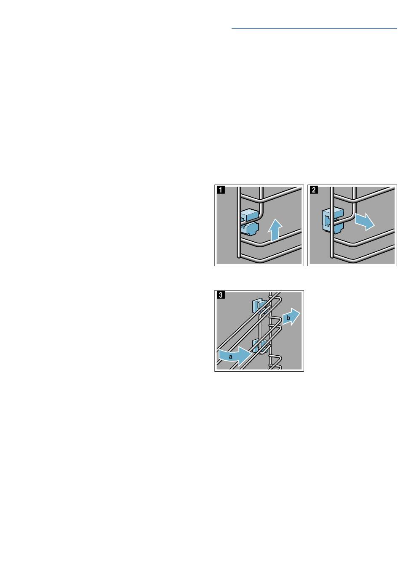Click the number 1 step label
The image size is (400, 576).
221,190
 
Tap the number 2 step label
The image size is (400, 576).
314,190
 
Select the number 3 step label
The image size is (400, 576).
221,295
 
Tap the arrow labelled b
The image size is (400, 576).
291,317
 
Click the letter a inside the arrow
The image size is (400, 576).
230,357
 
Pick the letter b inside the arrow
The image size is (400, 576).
288,318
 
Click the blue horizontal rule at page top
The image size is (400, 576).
314,28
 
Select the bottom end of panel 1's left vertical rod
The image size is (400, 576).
239,257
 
